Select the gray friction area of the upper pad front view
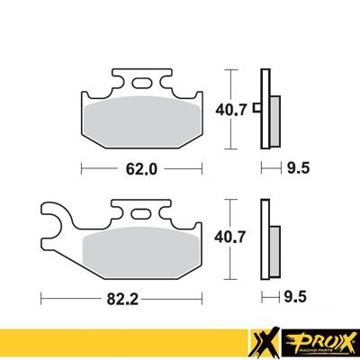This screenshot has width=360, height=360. click(x=143, y=117)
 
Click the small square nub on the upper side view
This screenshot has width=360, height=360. click(x=256, y=110)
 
